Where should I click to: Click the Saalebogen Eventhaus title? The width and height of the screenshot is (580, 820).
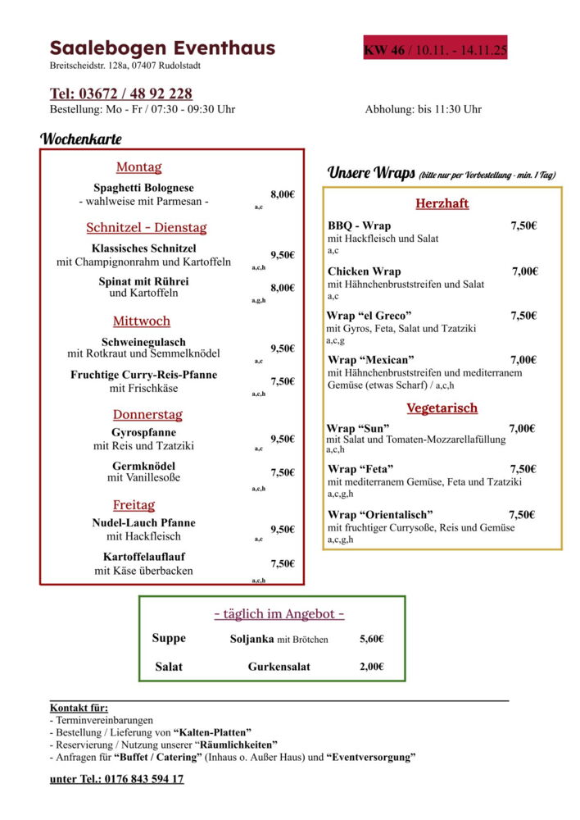point(162,48)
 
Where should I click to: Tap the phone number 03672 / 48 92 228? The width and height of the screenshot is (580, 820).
point(121,93)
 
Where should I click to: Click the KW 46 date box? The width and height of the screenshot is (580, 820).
point(436,51)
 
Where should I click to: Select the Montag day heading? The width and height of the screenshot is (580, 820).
point(138,167)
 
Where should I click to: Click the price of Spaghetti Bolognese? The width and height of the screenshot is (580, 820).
point(283,194)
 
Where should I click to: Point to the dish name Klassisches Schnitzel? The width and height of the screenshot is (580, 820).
point(143,248)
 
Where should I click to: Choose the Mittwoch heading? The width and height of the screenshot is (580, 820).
point(142,321)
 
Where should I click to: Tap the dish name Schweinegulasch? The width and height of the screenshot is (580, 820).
point(143,342)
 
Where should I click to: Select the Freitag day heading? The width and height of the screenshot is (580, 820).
point(134,504)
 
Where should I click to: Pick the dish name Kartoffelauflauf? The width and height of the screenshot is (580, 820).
point(143,556)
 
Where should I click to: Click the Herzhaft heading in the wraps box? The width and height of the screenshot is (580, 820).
point(442,203)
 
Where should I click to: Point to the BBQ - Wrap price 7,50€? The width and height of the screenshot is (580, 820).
point(523,225)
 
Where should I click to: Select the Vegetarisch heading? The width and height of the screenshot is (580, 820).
point(442,408)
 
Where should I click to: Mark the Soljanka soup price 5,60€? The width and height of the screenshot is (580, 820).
point(371,639)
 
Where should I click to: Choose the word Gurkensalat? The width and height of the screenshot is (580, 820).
point(279,667)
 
